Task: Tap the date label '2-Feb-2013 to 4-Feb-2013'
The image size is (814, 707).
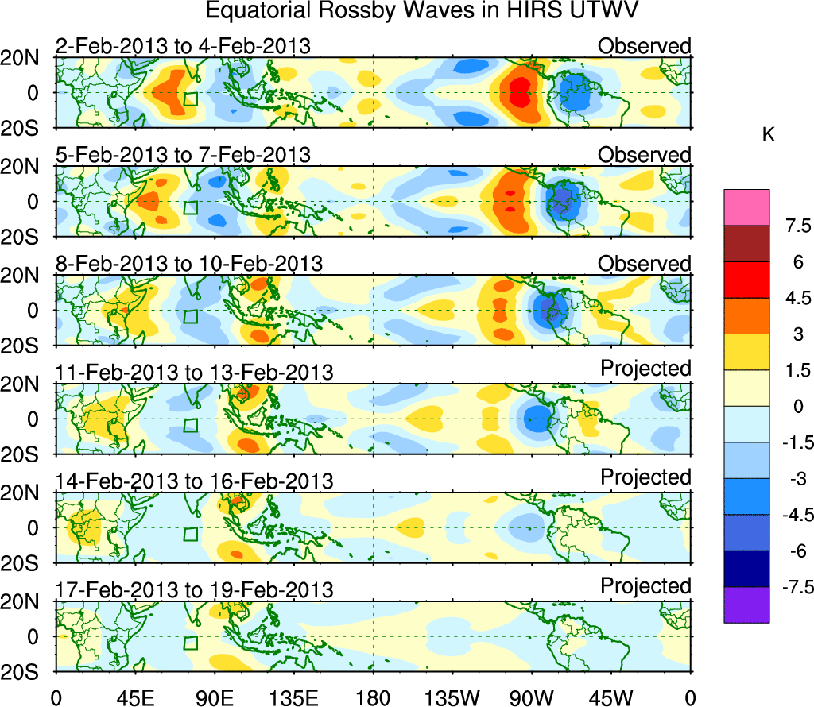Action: [183, 47]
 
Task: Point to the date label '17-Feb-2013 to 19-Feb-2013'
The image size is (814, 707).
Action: [194, 590]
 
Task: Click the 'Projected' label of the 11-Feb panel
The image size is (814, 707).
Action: [645, 369]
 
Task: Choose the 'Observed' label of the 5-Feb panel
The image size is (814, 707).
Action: [645, 155]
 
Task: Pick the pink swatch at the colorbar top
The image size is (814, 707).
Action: [746, 207]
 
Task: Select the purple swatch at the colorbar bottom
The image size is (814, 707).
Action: [746, 605]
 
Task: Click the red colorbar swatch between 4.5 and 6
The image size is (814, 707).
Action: [746, 280]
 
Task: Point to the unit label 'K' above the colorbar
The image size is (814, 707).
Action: [768, 136]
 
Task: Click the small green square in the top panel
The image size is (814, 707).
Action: [190, 99]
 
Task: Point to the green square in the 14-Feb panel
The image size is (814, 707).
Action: [190, 534]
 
